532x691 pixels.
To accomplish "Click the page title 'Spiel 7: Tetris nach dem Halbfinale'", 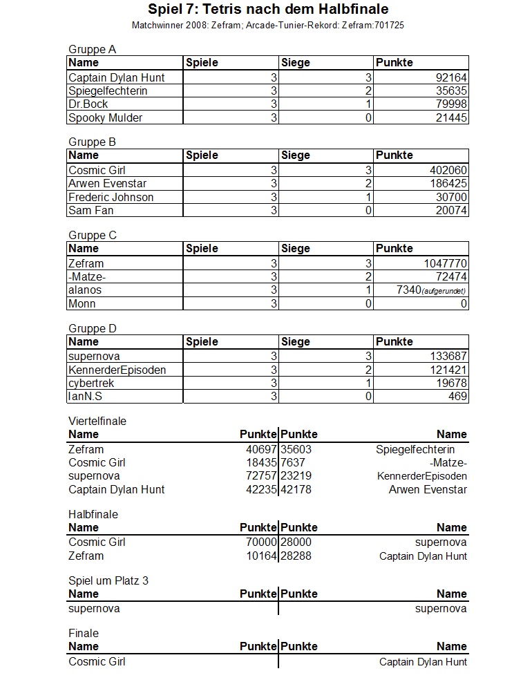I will pyautogui.click(x=268, y=10).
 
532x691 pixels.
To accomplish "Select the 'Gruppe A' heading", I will pyautogui.click(x=92, y=49).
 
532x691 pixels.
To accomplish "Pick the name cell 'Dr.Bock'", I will pyautogui.click(x=88, y=104).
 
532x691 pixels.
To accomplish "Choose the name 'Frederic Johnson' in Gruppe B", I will pyautogui.click(x=111, y=197).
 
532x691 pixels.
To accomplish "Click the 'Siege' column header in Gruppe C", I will pyautogui.click(x=296, y=248).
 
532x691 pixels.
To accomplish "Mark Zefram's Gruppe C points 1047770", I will pyautogui.click(x=442, y=263).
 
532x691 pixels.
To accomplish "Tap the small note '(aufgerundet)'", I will pyautogui.click(x=443, y=291).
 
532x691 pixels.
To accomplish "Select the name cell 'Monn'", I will pyautogui.click(x=82, y=303).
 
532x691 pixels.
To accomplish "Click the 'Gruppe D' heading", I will pyautogui.click(x=92, y=328).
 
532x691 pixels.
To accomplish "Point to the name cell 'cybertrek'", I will pyautogui.click(x=92, y=383).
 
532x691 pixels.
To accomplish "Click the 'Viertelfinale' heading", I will pyautogui.click(x=97, y=421).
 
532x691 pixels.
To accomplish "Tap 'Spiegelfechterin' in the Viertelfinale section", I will pyautogui.click(x=415, y=449).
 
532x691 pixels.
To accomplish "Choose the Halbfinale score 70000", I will pyautogui.click(x=260, y=542).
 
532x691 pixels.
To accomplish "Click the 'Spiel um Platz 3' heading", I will pyautogui.click(x=108, y=580).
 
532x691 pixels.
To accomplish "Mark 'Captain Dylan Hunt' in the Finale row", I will pyautogui.click(x=423, y=662).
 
